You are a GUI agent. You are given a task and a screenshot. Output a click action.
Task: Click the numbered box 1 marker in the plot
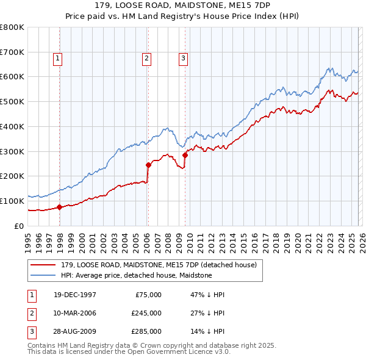(57, 59)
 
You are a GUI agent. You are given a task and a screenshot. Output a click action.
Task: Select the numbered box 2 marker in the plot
(147, 59)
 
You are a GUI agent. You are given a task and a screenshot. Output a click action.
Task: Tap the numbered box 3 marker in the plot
(183, 59)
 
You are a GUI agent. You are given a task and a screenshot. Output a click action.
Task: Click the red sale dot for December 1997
(60, 207)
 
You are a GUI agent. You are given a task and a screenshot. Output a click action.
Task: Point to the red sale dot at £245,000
(148, 165)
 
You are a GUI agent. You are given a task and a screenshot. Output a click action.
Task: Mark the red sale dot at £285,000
(185, 155)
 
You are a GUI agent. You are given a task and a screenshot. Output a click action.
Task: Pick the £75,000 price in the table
(146, 295)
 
